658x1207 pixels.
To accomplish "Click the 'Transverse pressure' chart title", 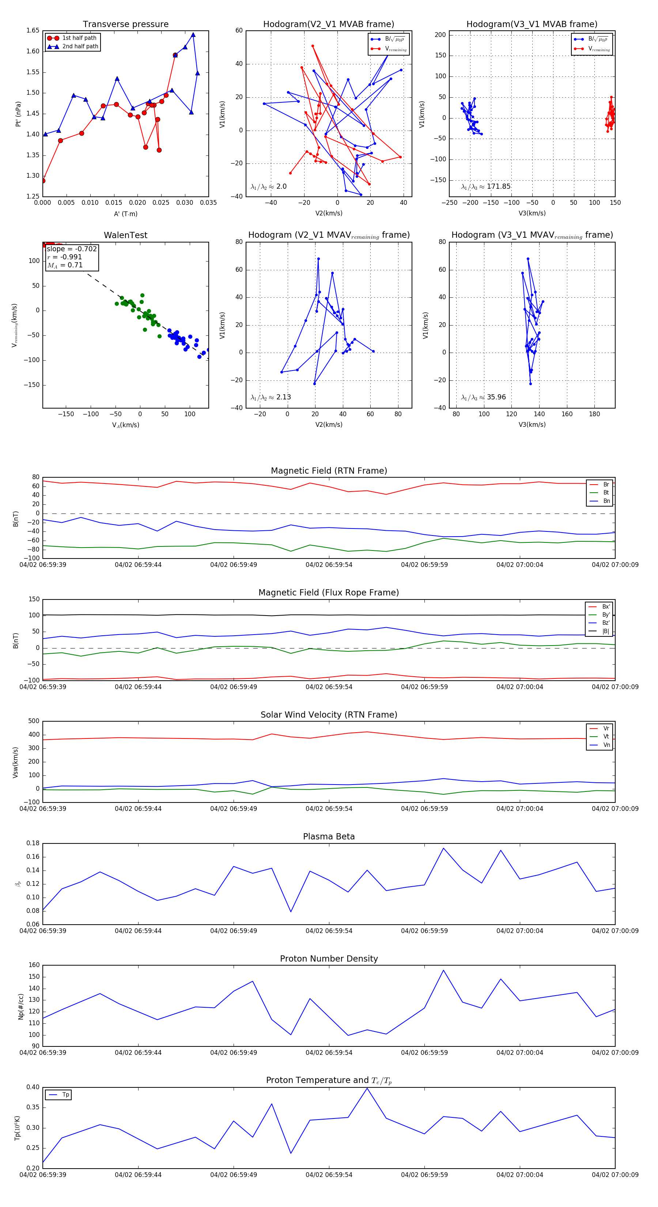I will click(125, 25).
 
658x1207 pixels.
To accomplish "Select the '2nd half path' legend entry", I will click(80, 46).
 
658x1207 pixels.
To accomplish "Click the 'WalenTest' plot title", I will click(125, 235).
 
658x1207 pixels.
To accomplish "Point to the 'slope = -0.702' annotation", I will click(72, 249).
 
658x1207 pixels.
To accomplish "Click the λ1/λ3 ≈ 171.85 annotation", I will click(486, 187).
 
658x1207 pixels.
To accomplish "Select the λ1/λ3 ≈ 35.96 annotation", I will click(483, 397).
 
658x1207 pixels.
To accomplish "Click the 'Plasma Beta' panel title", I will click(329, 837).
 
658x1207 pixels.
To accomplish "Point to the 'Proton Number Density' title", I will click(329, 959).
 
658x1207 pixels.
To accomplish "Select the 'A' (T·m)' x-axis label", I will click(125, 214).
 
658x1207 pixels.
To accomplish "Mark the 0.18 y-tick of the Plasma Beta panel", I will click(33, 843).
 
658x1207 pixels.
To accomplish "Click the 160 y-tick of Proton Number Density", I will click(34, 965).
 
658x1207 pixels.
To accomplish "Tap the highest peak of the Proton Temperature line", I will click(367, 1088).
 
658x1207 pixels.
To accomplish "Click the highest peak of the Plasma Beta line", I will click(443, 848).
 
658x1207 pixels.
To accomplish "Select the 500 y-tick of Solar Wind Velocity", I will click(34, 721).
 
